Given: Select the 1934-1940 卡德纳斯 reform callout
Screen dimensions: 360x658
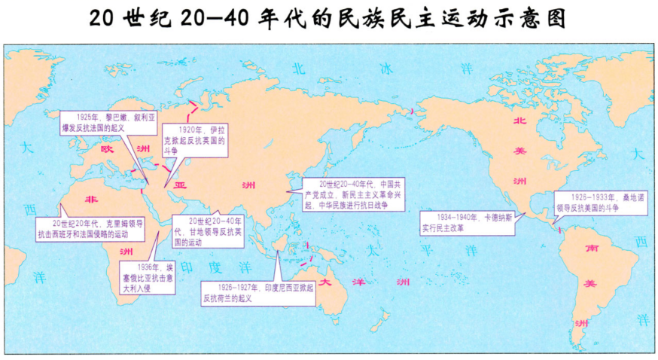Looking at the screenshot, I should pos(467,222).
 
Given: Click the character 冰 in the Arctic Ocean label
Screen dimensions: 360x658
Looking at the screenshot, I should pos(386,69).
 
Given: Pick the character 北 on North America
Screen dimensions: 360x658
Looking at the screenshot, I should pos(519,121).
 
